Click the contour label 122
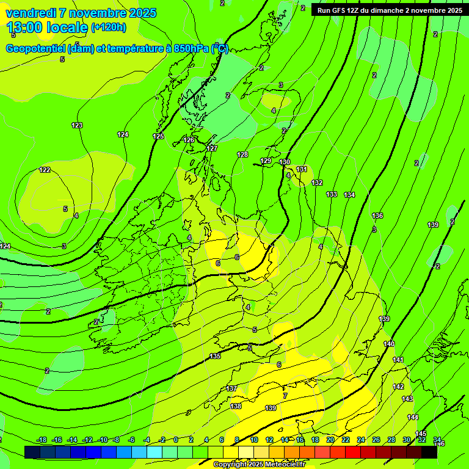pos(45,170)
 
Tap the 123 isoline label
pos(76,125)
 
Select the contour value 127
pos(212,148)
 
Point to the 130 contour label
pos(285,162)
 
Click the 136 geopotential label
pos(377,216)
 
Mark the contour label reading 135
pos(215,356)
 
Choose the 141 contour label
pos(398,360)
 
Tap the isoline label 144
pos(413,417)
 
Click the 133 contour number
pos(331,194)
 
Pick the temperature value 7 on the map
pos(285,396)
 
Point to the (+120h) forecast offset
pos(109,27)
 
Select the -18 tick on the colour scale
pos(41,440)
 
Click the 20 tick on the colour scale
pos(330,440)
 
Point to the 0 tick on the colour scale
pos(176,440)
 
